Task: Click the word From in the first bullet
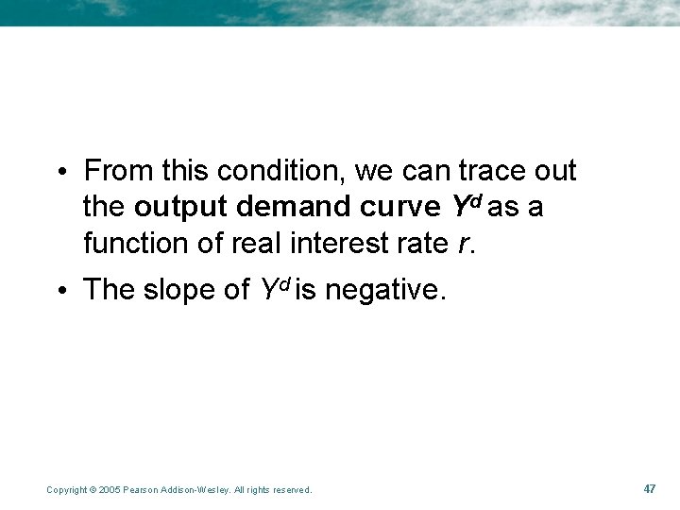(118, 171)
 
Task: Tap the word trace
(491, 171)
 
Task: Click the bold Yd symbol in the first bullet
(461, 205)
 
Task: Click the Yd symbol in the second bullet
(275, 289)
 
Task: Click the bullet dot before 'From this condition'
(59, 173)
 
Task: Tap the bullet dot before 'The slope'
(59, 291)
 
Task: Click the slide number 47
(649, 488)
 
